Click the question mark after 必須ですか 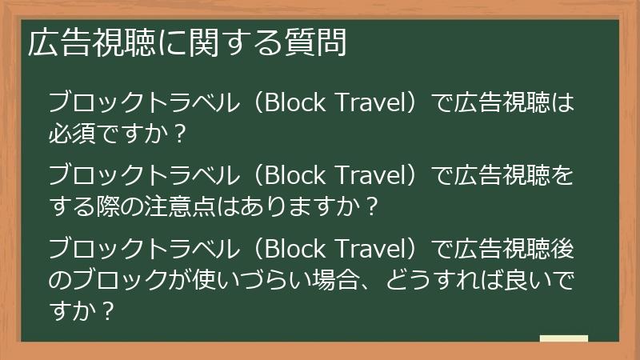(x=178, y=133)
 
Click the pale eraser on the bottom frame (x=564, y=339)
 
